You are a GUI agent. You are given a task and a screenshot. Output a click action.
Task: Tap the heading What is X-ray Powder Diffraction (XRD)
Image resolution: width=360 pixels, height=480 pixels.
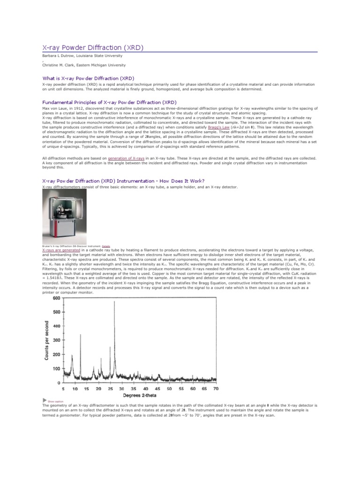pyautogui.click(x=88, y=78)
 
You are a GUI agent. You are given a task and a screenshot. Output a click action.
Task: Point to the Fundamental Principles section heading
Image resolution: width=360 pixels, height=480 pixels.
pyautogui.click(x=110, y=102)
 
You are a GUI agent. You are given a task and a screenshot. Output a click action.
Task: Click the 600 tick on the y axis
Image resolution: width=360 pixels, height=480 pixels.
pyautogui.click(x=57, y=298)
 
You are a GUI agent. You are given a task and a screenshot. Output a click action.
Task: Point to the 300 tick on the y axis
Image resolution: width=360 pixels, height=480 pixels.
pyautogui.click(x=57, y=340)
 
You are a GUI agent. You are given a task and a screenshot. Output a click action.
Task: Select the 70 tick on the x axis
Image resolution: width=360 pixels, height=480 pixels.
pyautogui.click(x=216, y=389)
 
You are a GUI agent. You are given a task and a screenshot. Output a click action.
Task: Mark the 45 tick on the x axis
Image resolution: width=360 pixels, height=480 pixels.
pyautogui.click(x=157, y=389)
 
